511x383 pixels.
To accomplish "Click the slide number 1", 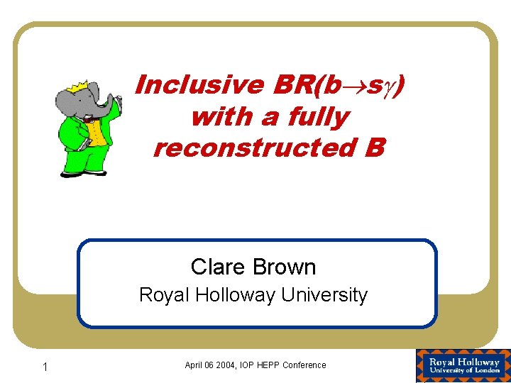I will (x=45, y=367).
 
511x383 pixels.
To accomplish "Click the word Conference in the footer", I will (x=304, y=365).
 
